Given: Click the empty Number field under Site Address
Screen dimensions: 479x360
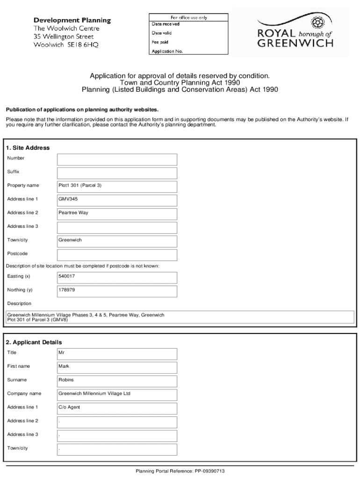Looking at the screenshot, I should pyautogui.click(x=117, y=159).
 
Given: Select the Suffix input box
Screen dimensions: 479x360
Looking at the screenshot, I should pyautogui.click(x=117, y=173).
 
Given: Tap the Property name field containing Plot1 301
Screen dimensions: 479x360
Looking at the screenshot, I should pyautogui.click(x=117, y=186).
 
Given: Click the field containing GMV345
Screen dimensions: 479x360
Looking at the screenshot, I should pyautogui.click(x=117, y=200).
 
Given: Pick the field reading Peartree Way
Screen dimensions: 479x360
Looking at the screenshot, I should pyautogui.click(x=117, y=213).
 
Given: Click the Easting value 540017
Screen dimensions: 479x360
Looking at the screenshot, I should pyautogui.click(x=117, y=277).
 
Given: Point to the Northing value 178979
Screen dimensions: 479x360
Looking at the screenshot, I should pyautogui.click(x=117, y=290).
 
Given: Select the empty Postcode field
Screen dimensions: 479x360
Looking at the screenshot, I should pyautogui.click(x=117, y=254).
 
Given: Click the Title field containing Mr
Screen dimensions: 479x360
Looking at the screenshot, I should pyautogui.click(x=117, y=353).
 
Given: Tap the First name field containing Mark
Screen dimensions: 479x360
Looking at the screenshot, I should pyautogui.click(x=117, y=367).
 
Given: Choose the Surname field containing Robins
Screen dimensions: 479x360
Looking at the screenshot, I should pyautogui.click(x=117, y=380).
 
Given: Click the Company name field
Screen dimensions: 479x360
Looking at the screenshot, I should pyautogui.click(x=117, y=394).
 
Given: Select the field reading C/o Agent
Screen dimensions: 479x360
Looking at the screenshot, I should pyautogui.click(x=117, y=407).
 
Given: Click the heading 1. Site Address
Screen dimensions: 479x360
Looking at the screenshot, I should pyautogui.click(x=28, y=148).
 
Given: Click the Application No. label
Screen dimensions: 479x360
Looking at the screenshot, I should pyautogui.click(x=167, y=51).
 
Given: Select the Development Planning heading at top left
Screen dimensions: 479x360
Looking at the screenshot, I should pyautogui.click(x=72, y=21).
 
